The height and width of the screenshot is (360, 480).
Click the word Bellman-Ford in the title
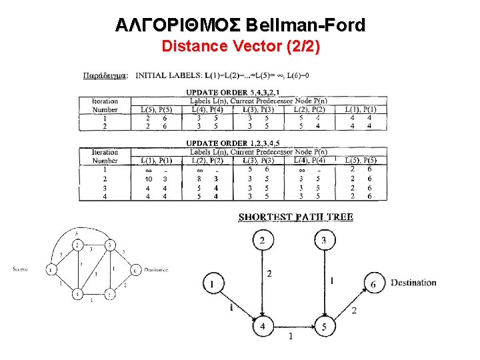point(305,26)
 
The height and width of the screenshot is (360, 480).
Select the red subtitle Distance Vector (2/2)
point(241,47)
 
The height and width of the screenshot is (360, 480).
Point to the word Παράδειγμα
point(106,75)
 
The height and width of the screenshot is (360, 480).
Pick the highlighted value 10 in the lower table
point(149,179)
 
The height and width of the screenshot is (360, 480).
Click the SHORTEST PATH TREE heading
point(296,217)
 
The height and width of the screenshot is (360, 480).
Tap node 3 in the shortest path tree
point(325,240)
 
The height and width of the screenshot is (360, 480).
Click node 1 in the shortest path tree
point(212,284)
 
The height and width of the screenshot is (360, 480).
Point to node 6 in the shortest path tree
point(373,284)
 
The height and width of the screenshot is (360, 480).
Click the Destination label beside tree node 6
point(413,283)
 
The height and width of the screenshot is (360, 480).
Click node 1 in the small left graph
point(51,270)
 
